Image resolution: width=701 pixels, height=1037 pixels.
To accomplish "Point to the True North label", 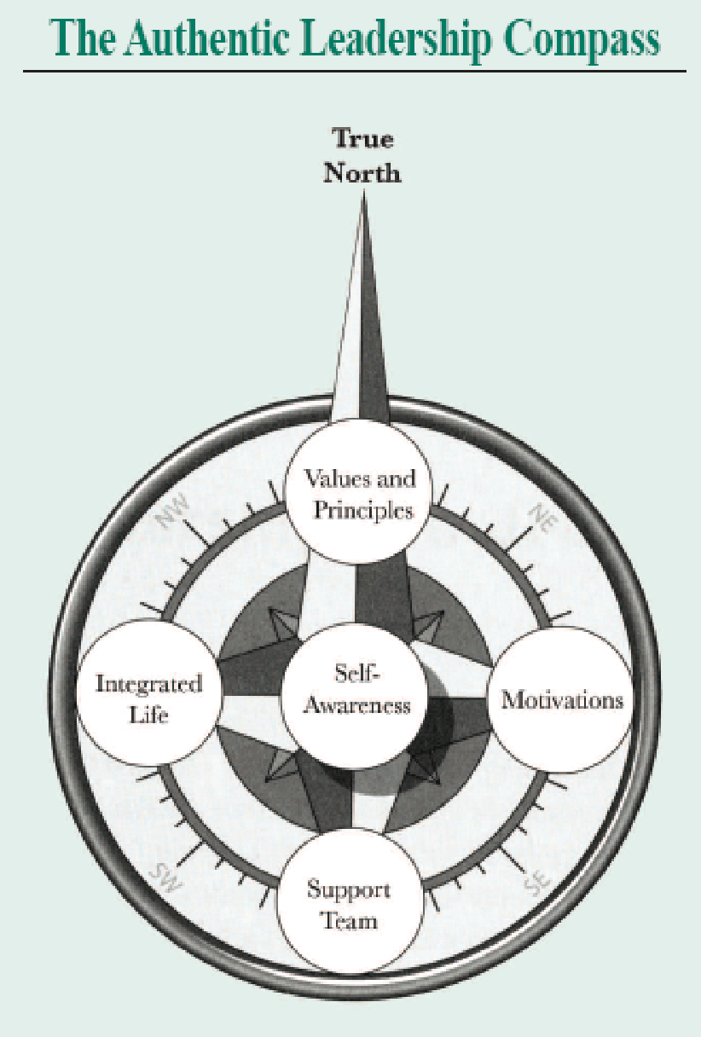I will pos(365,155).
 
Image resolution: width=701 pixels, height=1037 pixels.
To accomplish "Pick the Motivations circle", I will pos(561,701).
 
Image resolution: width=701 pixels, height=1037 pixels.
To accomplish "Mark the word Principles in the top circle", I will pos(362,509).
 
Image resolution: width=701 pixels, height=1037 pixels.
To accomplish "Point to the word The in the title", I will pos(78,38).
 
